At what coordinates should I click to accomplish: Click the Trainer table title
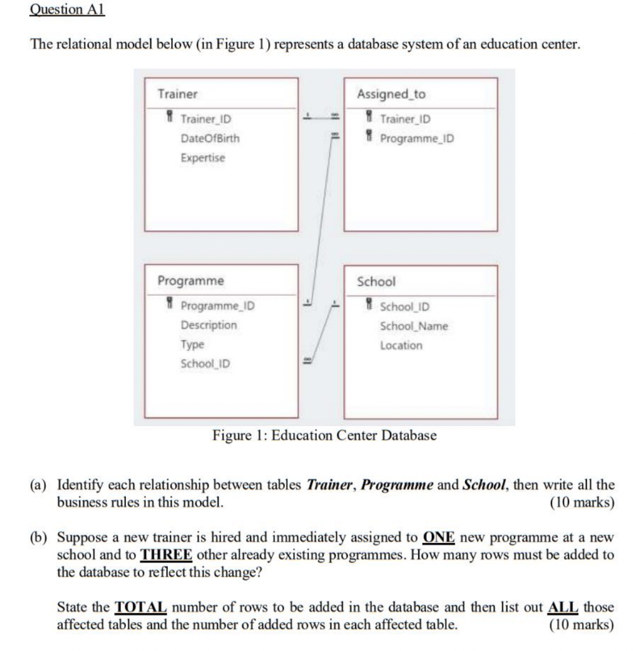177,94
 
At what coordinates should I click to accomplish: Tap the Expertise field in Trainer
203,158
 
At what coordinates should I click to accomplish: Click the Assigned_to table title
391,94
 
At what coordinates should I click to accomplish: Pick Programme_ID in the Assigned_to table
417,139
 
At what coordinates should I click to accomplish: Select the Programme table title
190,280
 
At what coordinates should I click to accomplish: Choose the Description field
209,325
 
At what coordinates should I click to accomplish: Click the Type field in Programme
192,344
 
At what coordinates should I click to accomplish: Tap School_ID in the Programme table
205,364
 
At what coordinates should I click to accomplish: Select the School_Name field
413,326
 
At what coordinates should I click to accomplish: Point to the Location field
401,345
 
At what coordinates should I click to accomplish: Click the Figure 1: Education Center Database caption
324,436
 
